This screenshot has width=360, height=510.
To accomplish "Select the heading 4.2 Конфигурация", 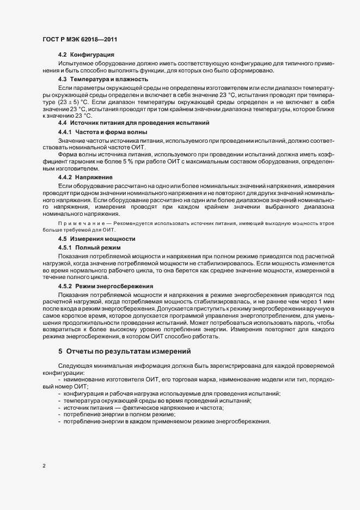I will [86, 55].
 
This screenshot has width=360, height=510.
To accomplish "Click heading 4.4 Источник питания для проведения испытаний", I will [133, 124].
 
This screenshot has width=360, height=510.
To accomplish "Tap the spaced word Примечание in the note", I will [78, 223].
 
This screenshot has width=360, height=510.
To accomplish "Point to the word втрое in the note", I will [325, 223].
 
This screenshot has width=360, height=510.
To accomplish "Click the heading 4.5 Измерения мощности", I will [97, 239].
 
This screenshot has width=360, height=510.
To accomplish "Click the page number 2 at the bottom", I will [44, 465].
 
